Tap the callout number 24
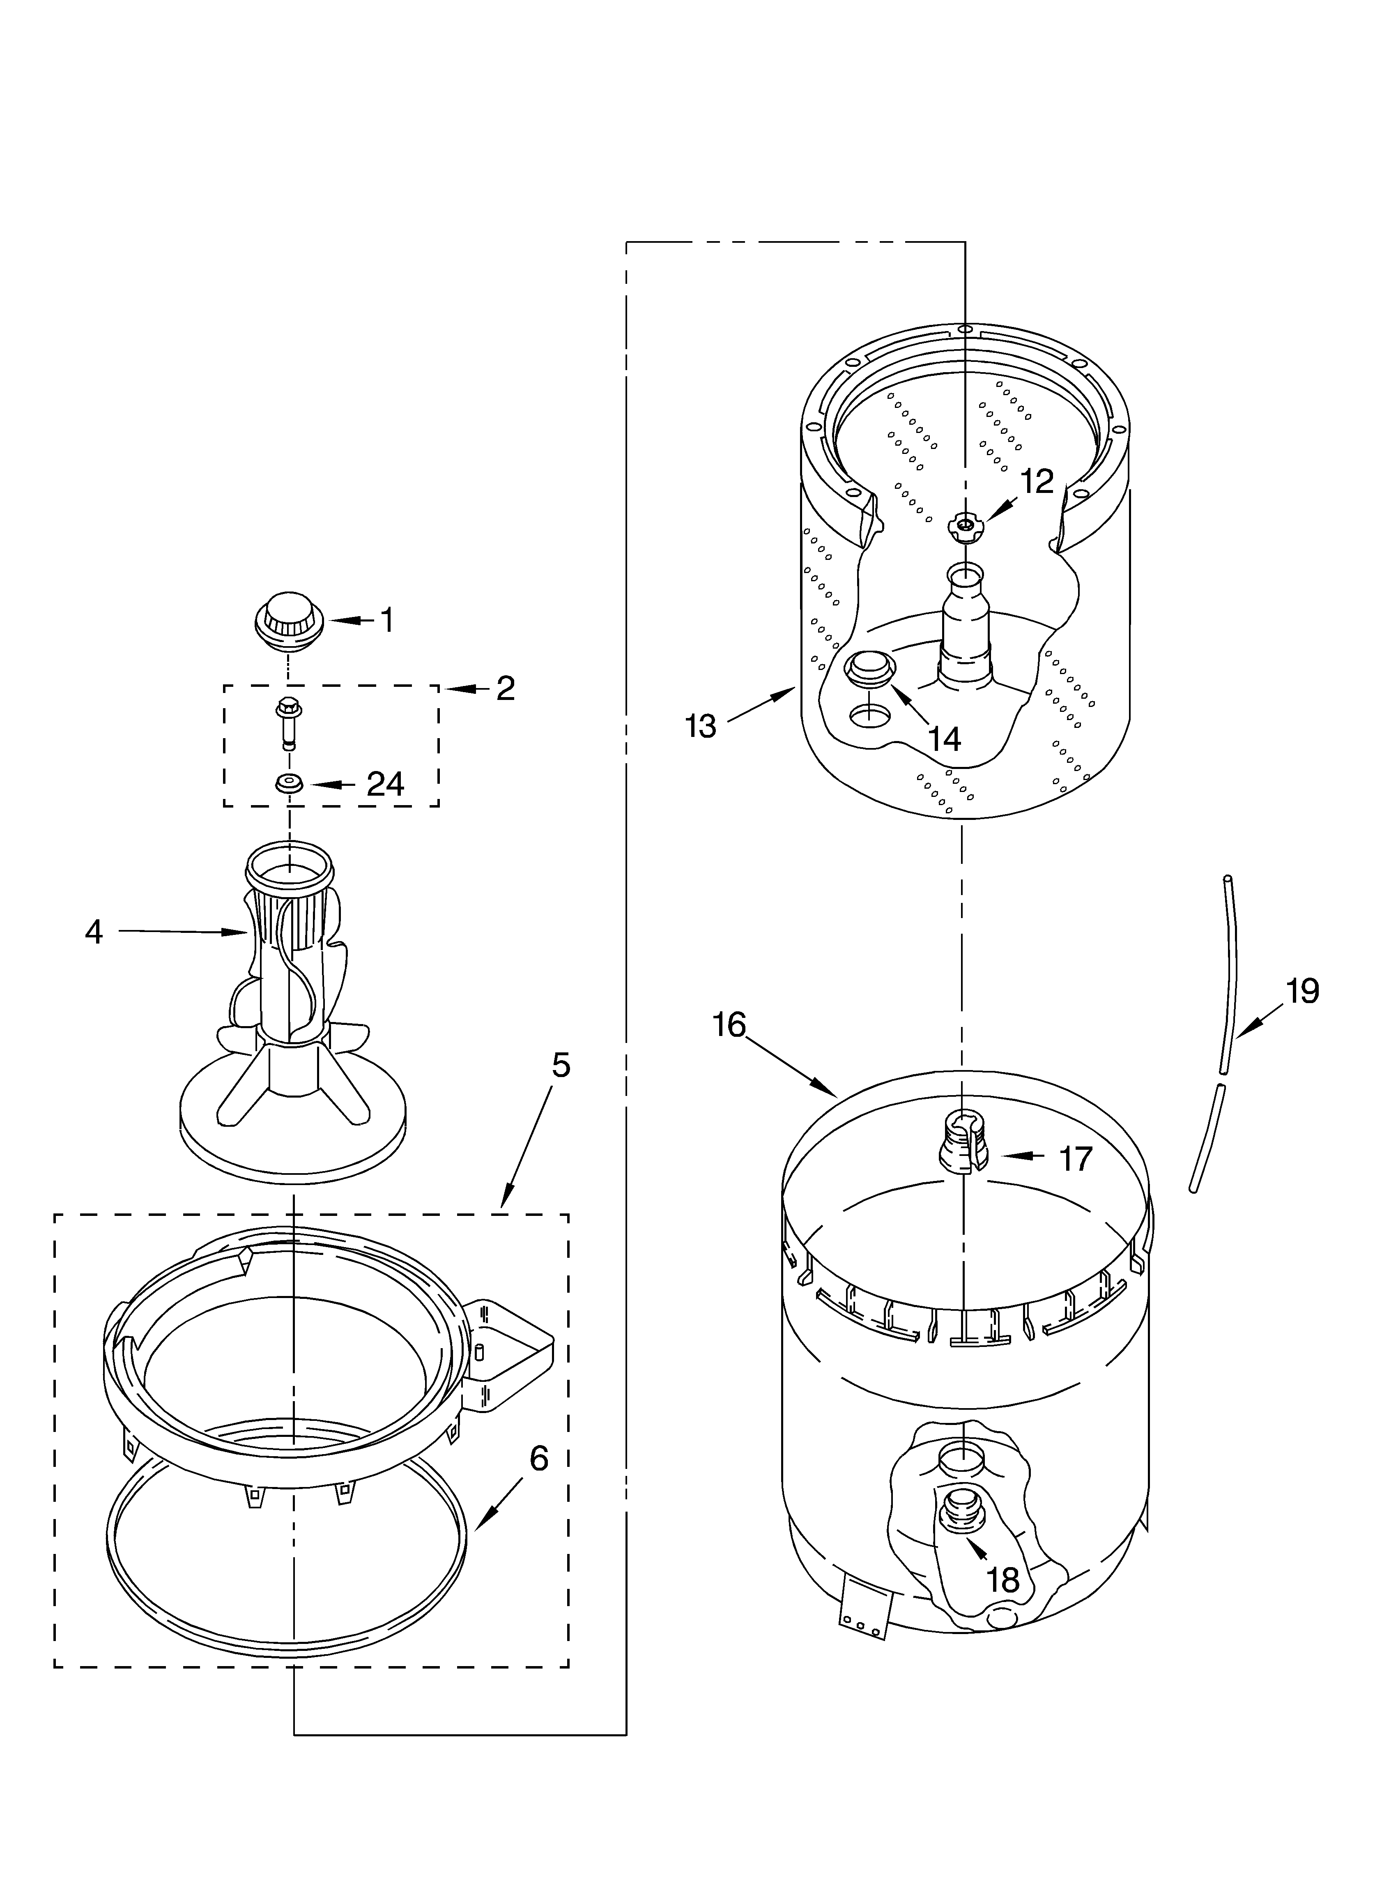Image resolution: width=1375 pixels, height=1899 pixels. (385, 785)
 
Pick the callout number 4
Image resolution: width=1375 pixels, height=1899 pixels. (94, 932)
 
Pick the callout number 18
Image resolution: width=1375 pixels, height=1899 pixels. (1003, 1580)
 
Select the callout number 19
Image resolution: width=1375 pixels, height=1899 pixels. (1302, 990)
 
